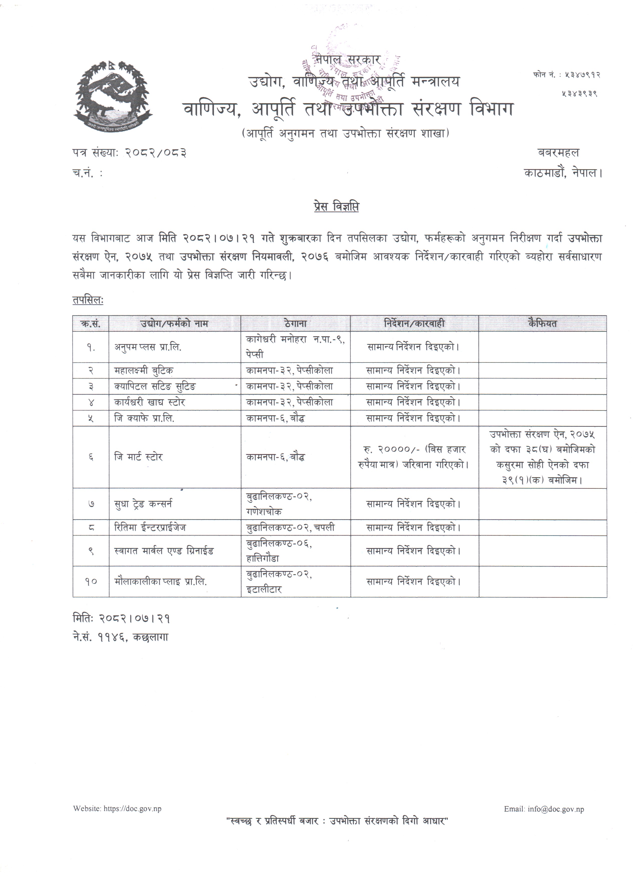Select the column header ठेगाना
[x=295, y=323]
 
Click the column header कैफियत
[x=542, y=323]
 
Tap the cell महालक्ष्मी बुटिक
[x=144, y=370]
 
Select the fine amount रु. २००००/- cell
[x=414, y=457]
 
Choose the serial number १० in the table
[x=91, y=581]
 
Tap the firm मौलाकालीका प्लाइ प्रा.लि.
[x=161, y=581]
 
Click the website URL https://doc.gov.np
[x=132, y=808]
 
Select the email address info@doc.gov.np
[x=556, y=809]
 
